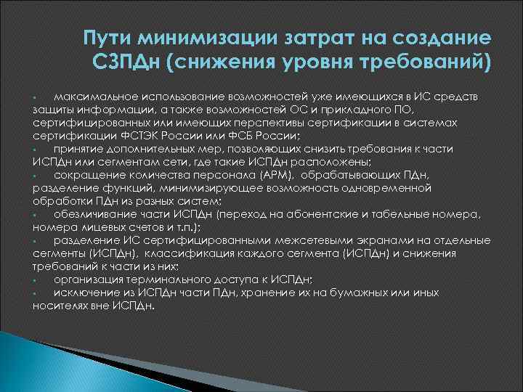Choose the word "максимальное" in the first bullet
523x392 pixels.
tap(94, 97)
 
